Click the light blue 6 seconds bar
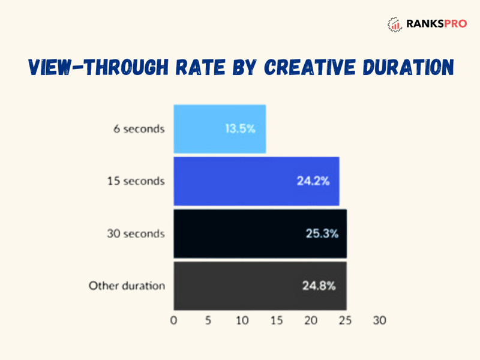pyautogui.click(x=220, y=129)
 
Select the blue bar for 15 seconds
pyautogui.click(x=256, y=181)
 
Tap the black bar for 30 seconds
pyautogui.click(x=260, y=233)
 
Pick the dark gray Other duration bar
pyautogui.click(x=260, y=286)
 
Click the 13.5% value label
pyautogui.click(x=241, y=129)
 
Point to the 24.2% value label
pyautogui.click(x=313, y=181)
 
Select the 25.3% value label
pyautogui.click(x=322, y=234)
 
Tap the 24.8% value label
pyautogui.click(x=319, y=286)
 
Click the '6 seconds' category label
pyautogui.click(x=139, y=129)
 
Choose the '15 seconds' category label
pyautogui.click(x=136, y=181)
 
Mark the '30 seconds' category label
pyautogui.click(x=136, y=234)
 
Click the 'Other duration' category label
pyautogui.click(x=127, y=286)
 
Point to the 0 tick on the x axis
pyautogui.click(x=173, y=320)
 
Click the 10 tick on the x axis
pyautogui.click(x=242, y=320)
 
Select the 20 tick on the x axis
pyautogui.click(x=311, y=320)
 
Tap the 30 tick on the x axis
pyautogui.click(x=380, y=320)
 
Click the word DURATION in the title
pyautogui.click(x=409, y=67)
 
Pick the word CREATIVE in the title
pyautogui.click(x=310, y=67)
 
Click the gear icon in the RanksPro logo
pyautogui.click(x=395, y=25)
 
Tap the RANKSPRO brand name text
pyautogui.click(x=437, y=23)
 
